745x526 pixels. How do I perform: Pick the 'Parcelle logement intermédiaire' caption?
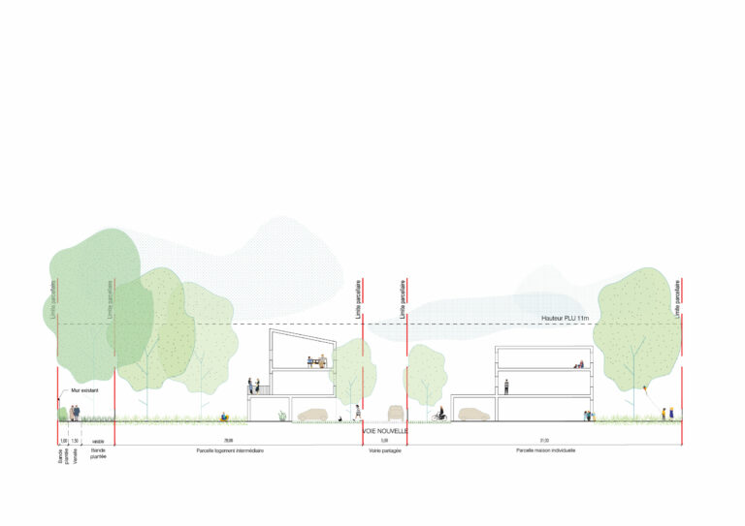[x=229, y=450]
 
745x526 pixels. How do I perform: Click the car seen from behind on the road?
[x=395, y=412]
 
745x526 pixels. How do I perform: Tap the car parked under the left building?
[x=312, y=414]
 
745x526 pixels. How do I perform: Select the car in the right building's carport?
[x=474, y=414]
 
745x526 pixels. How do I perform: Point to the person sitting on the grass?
[x=225, y=417]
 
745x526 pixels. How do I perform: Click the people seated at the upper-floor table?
[x=315, y=362]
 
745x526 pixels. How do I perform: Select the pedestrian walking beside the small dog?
[x=357, y=412]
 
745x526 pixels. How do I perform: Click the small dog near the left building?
[x=340, y=418]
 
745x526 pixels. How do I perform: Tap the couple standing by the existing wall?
[x=75, y=413]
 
